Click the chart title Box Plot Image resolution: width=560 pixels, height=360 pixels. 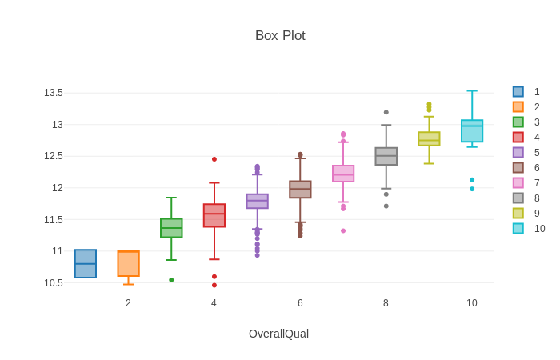(x=280, y=36)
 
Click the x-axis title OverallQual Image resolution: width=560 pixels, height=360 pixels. (x=278, y=334)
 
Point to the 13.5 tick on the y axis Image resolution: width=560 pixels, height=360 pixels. (x=54, y=93)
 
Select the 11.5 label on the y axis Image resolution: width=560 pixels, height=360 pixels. (x=54, y=220)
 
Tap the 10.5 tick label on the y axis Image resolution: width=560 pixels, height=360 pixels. (x=54, y=283)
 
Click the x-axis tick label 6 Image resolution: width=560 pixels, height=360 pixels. (x=300, y=303)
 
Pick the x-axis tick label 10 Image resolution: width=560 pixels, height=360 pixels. (x=472, y=303)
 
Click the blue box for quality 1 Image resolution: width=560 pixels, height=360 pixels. (x=86, y=264)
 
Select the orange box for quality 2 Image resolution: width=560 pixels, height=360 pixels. (x=128, y=263)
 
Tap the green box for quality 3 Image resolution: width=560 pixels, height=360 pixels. (x=171, y=228)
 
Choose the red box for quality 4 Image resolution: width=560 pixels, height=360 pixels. (x=214, y=215)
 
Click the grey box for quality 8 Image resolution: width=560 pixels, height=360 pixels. (x=386, y=156)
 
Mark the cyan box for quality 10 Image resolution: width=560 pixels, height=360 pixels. (x=472, y=131)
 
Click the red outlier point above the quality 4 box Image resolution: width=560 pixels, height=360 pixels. (x=214, y=159)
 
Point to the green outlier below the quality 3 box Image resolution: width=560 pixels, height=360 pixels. (x=171, y=280)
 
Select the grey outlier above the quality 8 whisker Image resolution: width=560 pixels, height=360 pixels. (x=386, y=112)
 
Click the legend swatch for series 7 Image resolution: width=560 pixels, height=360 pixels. (x=518, y=183)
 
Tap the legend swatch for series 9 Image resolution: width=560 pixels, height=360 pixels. (x=518, y=214)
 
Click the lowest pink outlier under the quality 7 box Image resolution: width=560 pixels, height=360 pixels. (x=343, y=231)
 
